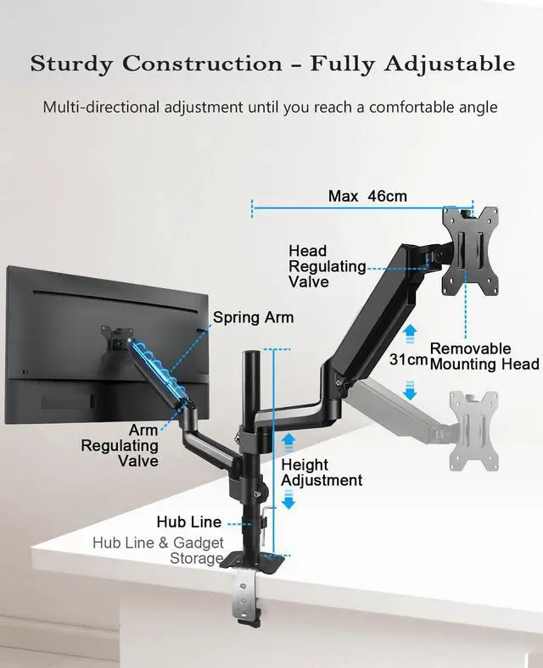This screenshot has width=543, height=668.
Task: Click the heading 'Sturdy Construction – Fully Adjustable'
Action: tap(272, 64)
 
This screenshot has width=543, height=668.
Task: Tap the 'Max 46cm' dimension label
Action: tap(367, 197)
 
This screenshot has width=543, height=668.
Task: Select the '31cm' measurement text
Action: tap(409, 359)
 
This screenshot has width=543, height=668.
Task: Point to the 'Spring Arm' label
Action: tap(253, 318)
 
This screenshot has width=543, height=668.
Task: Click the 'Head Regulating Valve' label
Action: tap(327, 266)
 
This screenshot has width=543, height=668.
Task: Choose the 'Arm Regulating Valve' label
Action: tap(120, 446)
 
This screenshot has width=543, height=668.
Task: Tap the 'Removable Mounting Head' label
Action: tap(484, 356)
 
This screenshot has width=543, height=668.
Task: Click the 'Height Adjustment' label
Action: tap(322, 472)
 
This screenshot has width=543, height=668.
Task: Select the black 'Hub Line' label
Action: tap(188, 522)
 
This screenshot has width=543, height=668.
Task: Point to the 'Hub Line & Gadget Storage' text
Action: tap(159, 550)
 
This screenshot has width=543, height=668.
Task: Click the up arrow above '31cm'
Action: tap(410, 331)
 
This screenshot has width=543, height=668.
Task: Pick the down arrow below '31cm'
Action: tap(410, 391)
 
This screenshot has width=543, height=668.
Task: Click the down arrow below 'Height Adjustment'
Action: tap(288, 502)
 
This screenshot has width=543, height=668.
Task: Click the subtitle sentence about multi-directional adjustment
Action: tap(270, 108)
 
